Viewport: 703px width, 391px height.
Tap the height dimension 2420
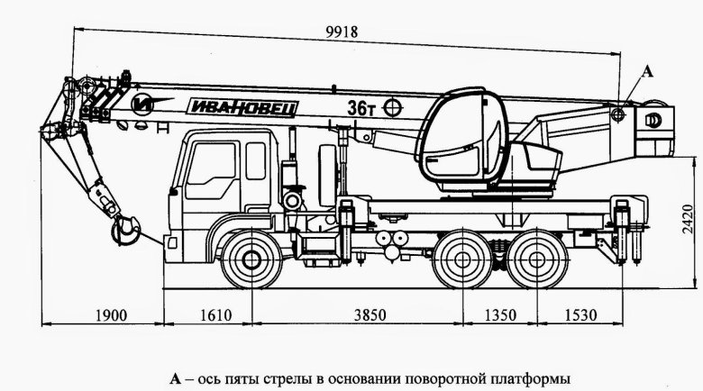pyautogui.click(x=686, y=219)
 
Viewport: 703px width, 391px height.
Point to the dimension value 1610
pyautogui.click(x=213, y=315)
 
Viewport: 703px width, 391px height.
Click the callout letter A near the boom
pyautogui.click(x=644, y=70)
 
